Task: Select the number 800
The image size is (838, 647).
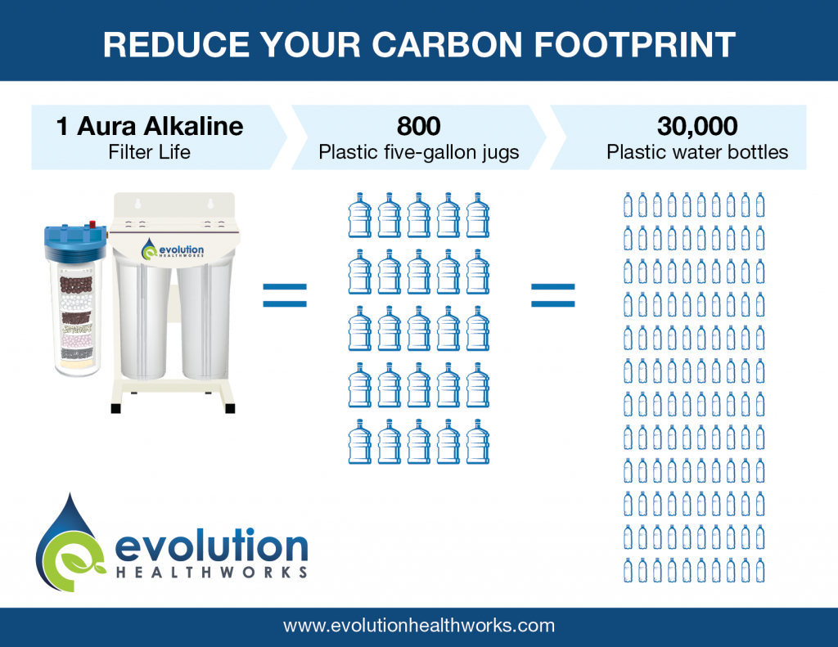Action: (x=418, y=126)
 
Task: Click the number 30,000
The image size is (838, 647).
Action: (x=697, y=126)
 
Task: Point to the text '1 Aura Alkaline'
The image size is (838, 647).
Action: (x=150, y=126)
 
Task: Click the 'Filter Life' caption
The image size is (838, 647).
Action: (x=150, y=152)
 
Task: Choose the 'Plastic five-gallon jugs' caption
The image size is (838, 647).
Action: (x=418, y=152)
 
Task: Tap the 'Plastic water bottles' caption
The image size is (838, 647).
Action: (x=698, y=152)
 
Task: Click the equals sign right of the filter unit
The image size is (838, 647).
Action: (x=284, y=295)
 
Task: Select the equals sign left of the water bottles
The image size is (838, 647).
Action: (x=552, y=295)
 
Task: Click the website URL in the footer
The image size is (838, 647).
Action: (x=419, y=626)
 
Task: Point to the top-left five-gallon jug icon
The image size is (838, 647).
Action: (x=360, y=216)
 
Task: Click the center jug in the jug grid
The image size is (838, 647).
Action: (x=419, y=328)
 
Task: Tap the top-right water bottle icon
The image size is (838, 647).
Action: (x=760, y=204)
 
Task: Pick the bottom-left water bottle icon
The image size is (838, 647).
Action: (x=628, y=570)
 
